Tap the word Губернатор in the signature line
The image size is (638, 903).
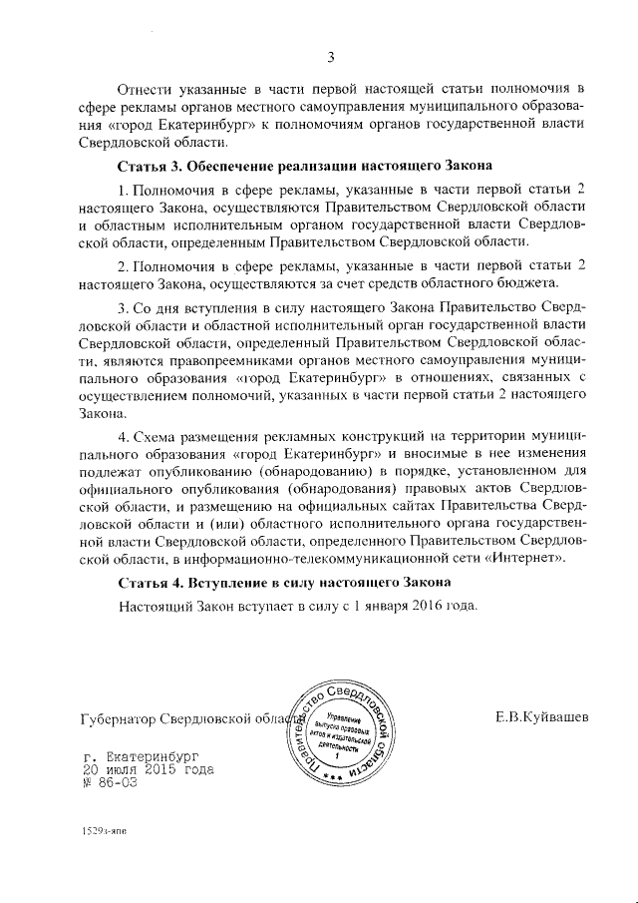(x=118, y=719)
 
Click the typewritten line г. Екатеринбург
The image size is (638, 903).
(x=145, y=757)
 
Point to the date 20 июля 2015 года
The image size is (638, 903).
(x=148, y=770)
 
